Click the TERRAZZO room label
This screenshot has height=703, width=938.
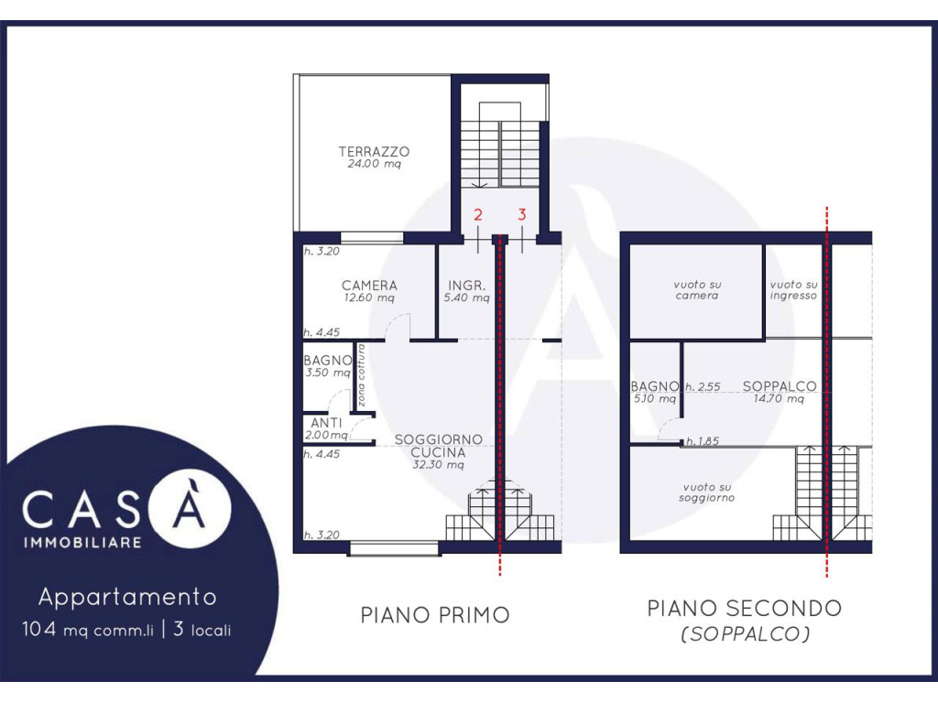(x=374, y=152)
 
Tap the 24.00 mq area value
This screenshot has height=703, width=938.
(x=374, y=164)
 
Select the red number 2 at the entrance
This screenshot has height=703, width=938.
(x=477, y=215)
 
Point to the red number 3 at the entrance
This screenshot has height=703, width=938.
(x=521, y=214)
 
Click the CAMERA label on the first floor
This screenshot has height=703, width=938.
(x=369, y=286)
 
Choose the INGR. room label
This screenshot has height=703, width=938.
(x=466, y=286)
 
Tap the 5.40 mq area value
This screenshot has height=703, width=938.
(x=466, y=297)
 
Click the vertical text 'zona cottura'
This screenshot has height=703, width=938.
(x=361, y=375)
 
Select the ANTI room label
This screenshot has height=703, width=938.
(x=326, y=424)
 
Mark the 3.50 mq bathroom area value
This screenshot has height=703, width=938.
(x=327, y=373)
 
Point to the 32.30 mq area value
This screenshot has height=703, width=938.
(x=438, y=465)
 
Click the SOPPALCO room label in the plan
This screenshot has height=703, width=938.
(x=780, y=386)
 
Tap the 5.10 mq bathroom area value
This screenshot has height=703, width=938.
(x=654, y=399)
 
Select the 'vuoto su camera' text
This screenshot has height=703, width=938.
(x=697, y=290)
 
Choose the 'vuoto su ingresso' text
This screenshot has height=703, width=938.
(x=793, y=290)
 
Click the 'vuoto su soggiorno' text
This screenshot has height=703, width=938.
(x=706, y=492)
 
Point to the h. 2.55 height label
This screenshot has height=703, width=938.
(x=703, y=387)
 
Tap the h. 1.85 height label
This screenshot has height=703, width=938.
(x=703, y=442)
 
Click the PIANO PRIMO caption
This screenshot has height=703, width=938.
(x=435, y=615)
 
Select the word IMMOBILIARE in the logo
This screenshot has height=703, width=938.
(x=82, y=543)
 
